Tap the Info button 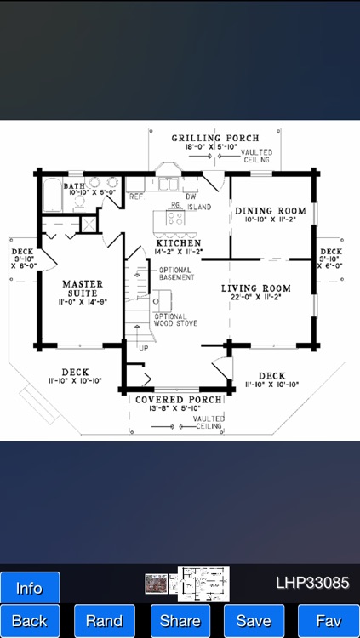(x=30, y=588)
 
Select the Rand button (x=104, y=621)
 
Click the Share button (x=180, y=621)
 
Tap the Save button (x=254, y=621)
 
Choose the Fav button (x=328, y=621)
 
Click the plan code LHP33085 (x=311, y=584)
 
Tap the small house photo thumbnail (x=156, y=584)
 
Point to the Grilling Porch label (x=214, y=138)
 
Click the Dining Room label (x=270, y=211)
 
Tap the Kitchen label (x=178, y=242)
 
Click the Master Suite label (x=82, y=288)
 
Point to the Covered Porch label (x=180, y=399)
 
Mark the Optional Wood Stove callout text (x=174, y=320)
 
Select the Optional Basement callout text (x=176, y=274)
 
